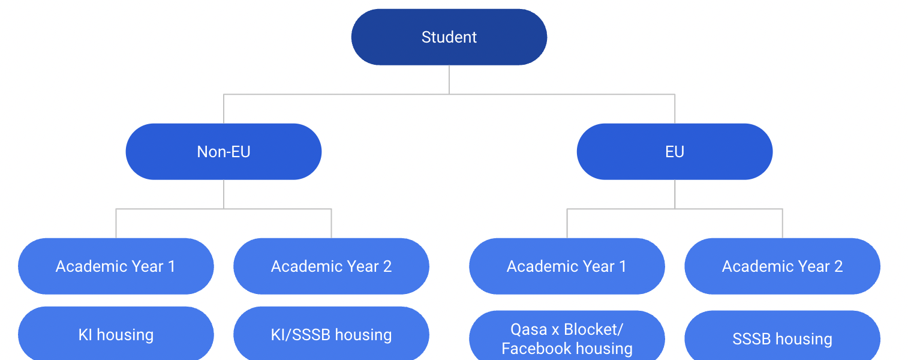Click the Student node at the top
pyautogui.click(x=449, y=37)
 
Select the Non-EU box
pyautogui.click(x=224, y=152)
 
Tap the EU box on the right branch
pyautogui.click(x=675, y=152)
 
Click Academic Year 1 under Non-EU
pyautogui.click(x=116, y=266)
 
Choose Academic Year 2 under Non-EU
pyautogui.click(x=331, y=266)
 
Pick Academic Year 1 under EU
pyautogui.click(x=567, y=266)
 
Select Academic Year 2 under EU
pyautogui.click(x=782, y=266)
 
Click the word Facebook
pyautogui.click(x=536, y=349)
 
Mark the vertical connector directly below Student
pyautogui.click(x=449, y=80)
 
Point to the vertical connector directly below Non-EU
pyautogui.click(x=224, y=194)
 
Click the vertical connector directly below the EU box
pyautogui.click(x=675, y=194)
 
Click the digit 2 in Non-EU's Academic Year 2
pyautogui.click(x=387, y=266)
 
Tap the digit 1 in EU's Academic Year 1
pyautogui.click(x=623, y=266)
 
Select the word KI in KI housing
pyautogui.click(x=85, y=335)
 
